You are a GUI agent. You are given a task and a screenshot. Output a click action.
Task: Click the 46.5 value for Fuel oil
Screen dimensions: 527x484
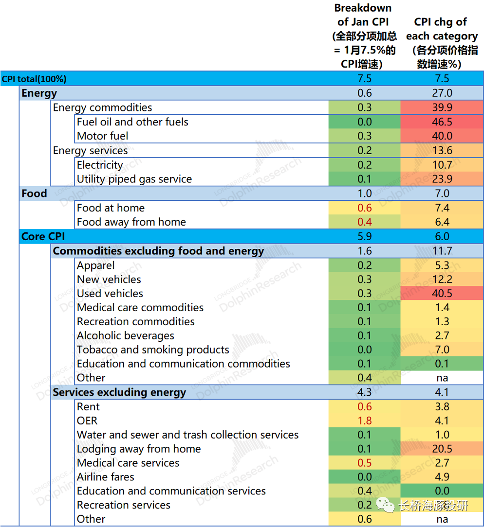(442, 122)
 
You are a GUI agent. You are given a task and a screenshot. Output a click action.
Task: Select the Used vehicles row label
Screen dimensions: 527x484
(110, 294)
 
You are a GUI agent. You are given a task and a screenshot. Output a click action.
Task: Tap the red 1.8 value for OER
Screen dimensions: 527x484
(364, 421)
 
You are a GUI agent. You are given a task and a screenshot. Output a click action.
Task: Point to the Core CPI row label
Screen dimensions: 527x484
(43, 237)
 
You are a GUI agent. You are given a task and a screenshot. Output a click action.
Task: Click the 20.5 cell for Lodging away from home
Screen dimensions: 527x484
(442, 449)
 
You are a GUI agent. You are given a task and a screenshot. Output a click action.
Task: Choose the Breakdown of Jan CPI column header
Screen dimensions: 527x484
(363, 36)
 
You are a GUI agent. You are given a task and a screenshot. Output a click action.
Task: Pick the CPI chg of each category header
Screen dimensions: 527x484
(442, 43)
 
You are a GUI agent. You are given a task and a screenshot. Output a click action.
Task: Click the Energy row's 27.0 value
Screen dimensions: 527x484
(442, 93)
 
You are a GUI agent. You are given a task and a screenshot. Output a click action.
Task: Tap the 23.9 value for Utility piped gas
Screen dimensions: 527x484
(442, 179)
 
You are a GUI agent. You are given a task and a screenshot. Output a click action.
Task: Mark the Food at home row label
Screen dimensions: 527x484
(111, 208)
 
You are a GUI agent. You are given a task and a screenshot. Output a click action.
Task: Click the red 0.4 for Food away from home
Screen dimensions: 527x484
(364, 222)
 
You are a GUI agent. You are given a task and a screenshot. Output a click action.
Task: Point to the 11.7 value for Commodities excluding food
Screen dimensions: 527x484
(442, 251)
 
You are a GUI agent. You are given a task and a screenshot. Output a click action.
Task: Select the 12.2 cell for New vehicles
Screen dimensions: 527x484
(442, 280)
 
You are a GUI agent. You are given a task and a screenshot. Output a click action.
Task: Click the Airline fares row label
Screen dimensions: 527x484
(106, 477)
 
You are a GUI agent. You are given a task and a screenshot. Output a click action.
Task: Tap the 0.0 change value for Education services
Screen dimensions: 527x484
(442, 492)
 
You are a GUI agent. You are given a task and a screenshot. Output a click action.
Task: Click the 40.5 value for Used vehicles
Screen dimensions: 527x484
(442, 294)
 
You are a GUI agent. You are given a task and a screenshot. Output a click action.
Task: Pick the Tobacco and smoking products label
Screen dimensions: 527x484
(153, 350)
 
